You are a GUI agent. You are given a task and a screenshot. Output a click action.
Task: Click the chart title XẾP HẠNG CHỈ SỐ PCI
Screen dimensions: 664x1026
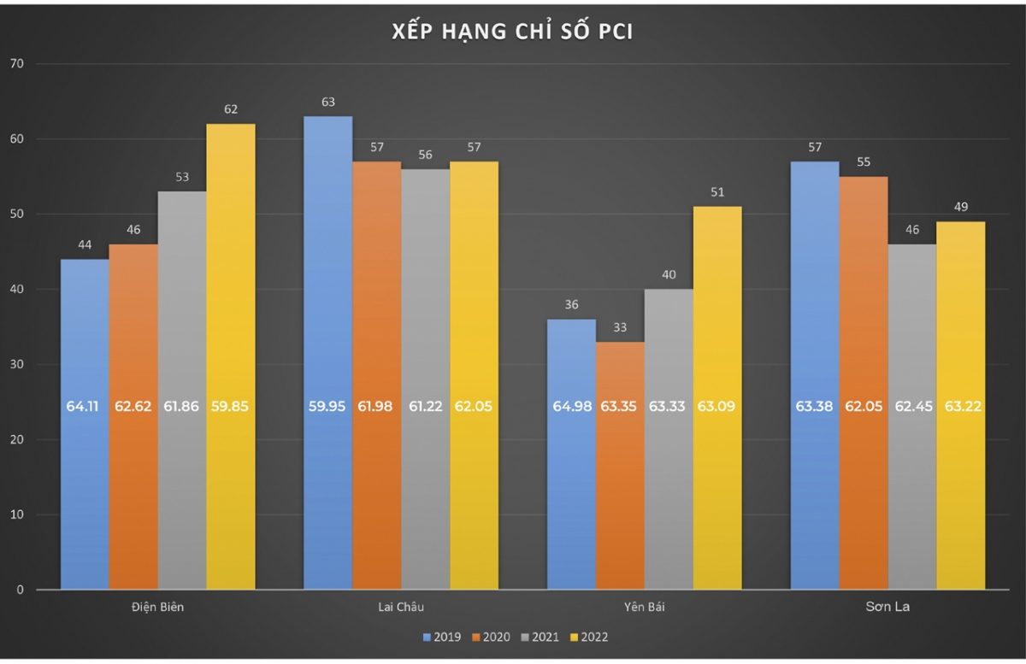coord(512,32)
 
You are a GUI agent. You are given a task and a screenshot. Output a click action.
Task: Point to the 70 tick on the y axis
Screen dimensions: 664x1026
coord(18,64)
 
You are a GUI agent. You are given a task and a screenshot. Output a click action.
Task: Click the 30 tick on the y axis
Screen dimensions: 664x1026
coord(18,365)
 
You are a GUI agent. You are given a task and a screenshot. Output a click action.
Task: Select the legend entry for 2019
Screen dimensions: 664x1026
coord(442,637)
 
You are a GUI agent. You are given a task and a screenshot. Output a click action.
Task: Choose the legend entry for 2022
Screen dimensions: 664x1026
coord(589,637)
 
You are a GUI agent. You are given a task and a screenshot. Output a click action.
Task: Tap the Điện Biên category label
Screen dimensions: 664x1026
coord(157,607)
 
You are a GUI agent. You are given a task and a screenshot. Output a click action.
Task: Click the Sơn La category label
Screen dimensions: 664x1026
coord(888,607)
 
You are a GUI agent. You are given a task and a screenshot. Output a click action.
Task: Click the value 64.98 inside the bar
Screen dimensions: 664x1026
coord(570,406)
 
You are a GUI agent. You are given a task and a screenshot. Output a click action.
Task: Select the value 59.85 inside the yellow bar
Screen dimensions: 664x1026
coord(230,406)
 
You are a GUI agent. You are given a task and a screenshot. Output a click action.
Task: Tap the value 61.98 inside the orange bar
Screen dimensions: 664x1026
coord(376,406)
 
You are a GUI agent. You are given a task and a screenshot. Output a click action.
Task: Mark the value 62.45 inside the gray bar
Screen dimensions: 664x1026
coord(912,406)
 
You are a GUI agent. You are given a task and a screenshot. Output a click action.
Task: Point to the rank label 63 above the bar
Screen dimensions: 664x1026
coord(327,102)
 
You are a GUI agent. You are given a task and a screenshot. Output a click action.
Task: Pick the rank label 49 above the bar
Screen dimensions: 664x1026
coord(960,207)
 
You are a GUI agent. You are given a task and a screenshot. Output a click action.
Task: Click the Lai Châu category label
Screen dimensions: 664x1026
coord(401,607)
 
